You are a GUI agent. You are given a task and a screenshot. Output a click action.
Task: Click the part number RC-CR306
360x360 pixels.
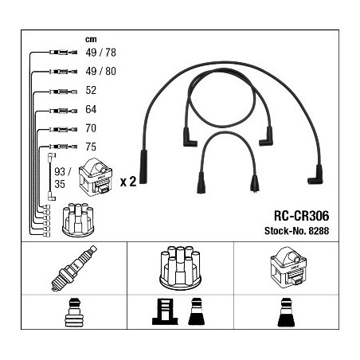(x=301, y=215)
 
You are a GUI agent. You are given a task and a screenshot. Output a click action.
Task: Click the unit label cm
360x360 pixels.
(x=91, y=39)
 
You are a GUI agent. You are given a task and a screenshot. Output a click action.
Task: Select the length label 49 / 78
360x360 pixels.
(x=100, y=53)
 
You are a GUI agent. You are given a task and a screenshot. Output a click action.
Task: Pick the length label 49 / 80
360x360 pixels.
(x=100, y=71)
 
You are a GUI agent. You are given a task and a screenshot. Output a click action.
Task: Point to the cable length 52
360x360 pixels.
(x=91, y=90)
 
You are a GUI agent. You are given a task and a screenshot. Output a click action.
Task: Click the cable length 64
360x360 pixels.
(x=91, y=109)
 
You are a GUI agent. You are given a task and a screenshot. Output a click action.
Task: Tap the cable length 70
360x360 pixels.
(x=91, y=128)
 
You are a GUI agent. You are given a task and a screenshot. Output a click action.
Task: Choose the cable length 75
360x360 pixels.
(x=91, y=147)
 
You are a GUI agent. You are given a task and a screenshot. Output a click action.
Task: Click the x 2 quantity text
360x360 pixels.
(x=128, y=182)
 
